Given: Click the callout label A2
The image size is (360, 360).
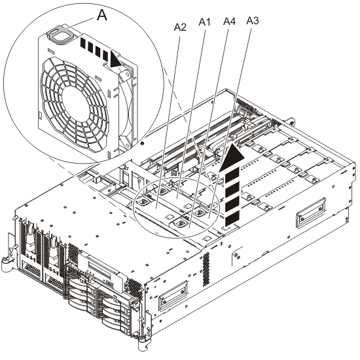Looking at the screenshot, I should click(181, 27).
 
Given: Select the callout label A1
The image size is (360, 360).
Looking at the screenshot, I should click(204, 22).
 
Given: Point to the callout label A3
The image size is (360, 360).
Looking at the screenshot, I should click(253, 21).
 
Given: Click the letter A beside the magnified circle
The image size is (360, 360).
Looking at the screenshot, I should click(101, 17).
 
